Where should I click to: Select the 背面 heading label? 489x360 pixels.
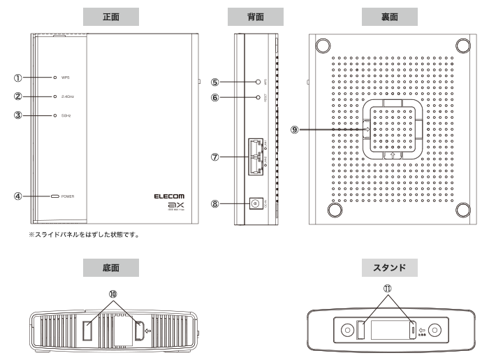click(255, 15)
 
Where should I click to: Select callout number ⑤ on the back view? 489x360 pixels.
click(217, 81)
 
